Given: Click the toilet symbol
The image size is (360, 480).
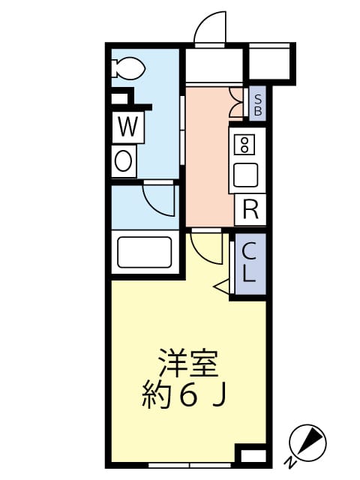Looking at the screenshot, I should coord(129,69).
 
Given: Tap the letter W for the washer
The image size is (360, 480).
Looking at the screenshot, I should coord(127,128).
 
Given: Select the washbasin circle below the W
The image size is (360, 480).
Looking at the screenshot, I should coord(124,160).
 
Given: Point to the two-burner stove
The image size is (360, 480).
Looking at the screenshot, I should coord(244,143).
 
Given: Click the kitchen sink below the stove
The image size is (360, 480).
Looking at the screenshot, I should coord(245,175).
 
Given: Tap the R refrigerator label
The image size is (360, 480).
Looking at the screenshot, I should coord(250,209).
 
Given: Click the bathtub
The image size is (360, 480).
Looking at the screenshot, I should coord(145,253).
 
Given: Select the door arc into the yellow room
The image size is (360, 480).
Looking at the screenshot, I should coord(205,247).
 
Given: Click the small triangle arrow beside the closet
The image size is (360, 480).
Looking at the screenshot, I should coord(222,286).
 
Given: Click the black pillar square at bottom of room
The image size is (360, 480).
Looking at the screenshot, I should coord(252,454).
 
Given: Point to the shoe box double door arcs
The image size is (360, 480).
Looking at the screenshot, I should coord(238,103).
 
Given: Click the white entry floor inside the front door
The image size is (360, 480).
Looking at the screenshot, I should coord(214,67).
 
